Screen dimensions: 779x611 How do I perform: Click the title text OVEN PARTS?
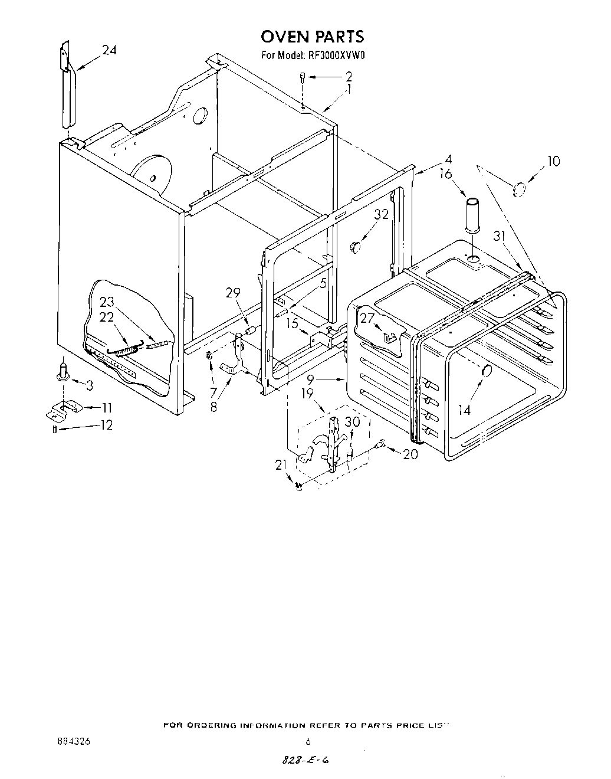click(313, 37)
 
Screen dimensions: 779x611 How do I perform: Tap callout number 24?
click(109, 51)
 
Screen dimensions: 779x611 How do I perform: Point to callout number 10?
click(553, 161)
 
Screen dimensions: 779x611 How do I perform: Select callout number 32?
click(382, 214)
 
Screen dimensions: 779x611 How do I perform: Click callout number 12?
click(106, 425)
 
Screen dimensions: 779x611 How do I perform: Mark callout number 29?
click(234, 292)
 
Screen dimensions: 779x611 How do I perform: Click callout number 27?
click(367, 319)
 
